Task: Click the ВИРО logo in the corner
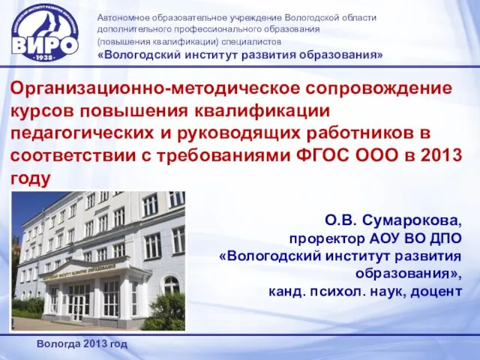(x=45, y=33)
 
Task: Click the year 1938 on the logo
(x=45, y=58)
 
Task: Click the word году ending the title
(x=30, y=178)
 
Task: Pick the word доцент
(x=436, y=292)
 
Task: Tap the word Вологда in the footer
(x=58, y=344)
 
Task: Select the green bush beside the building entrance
(x=163, y=312)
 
